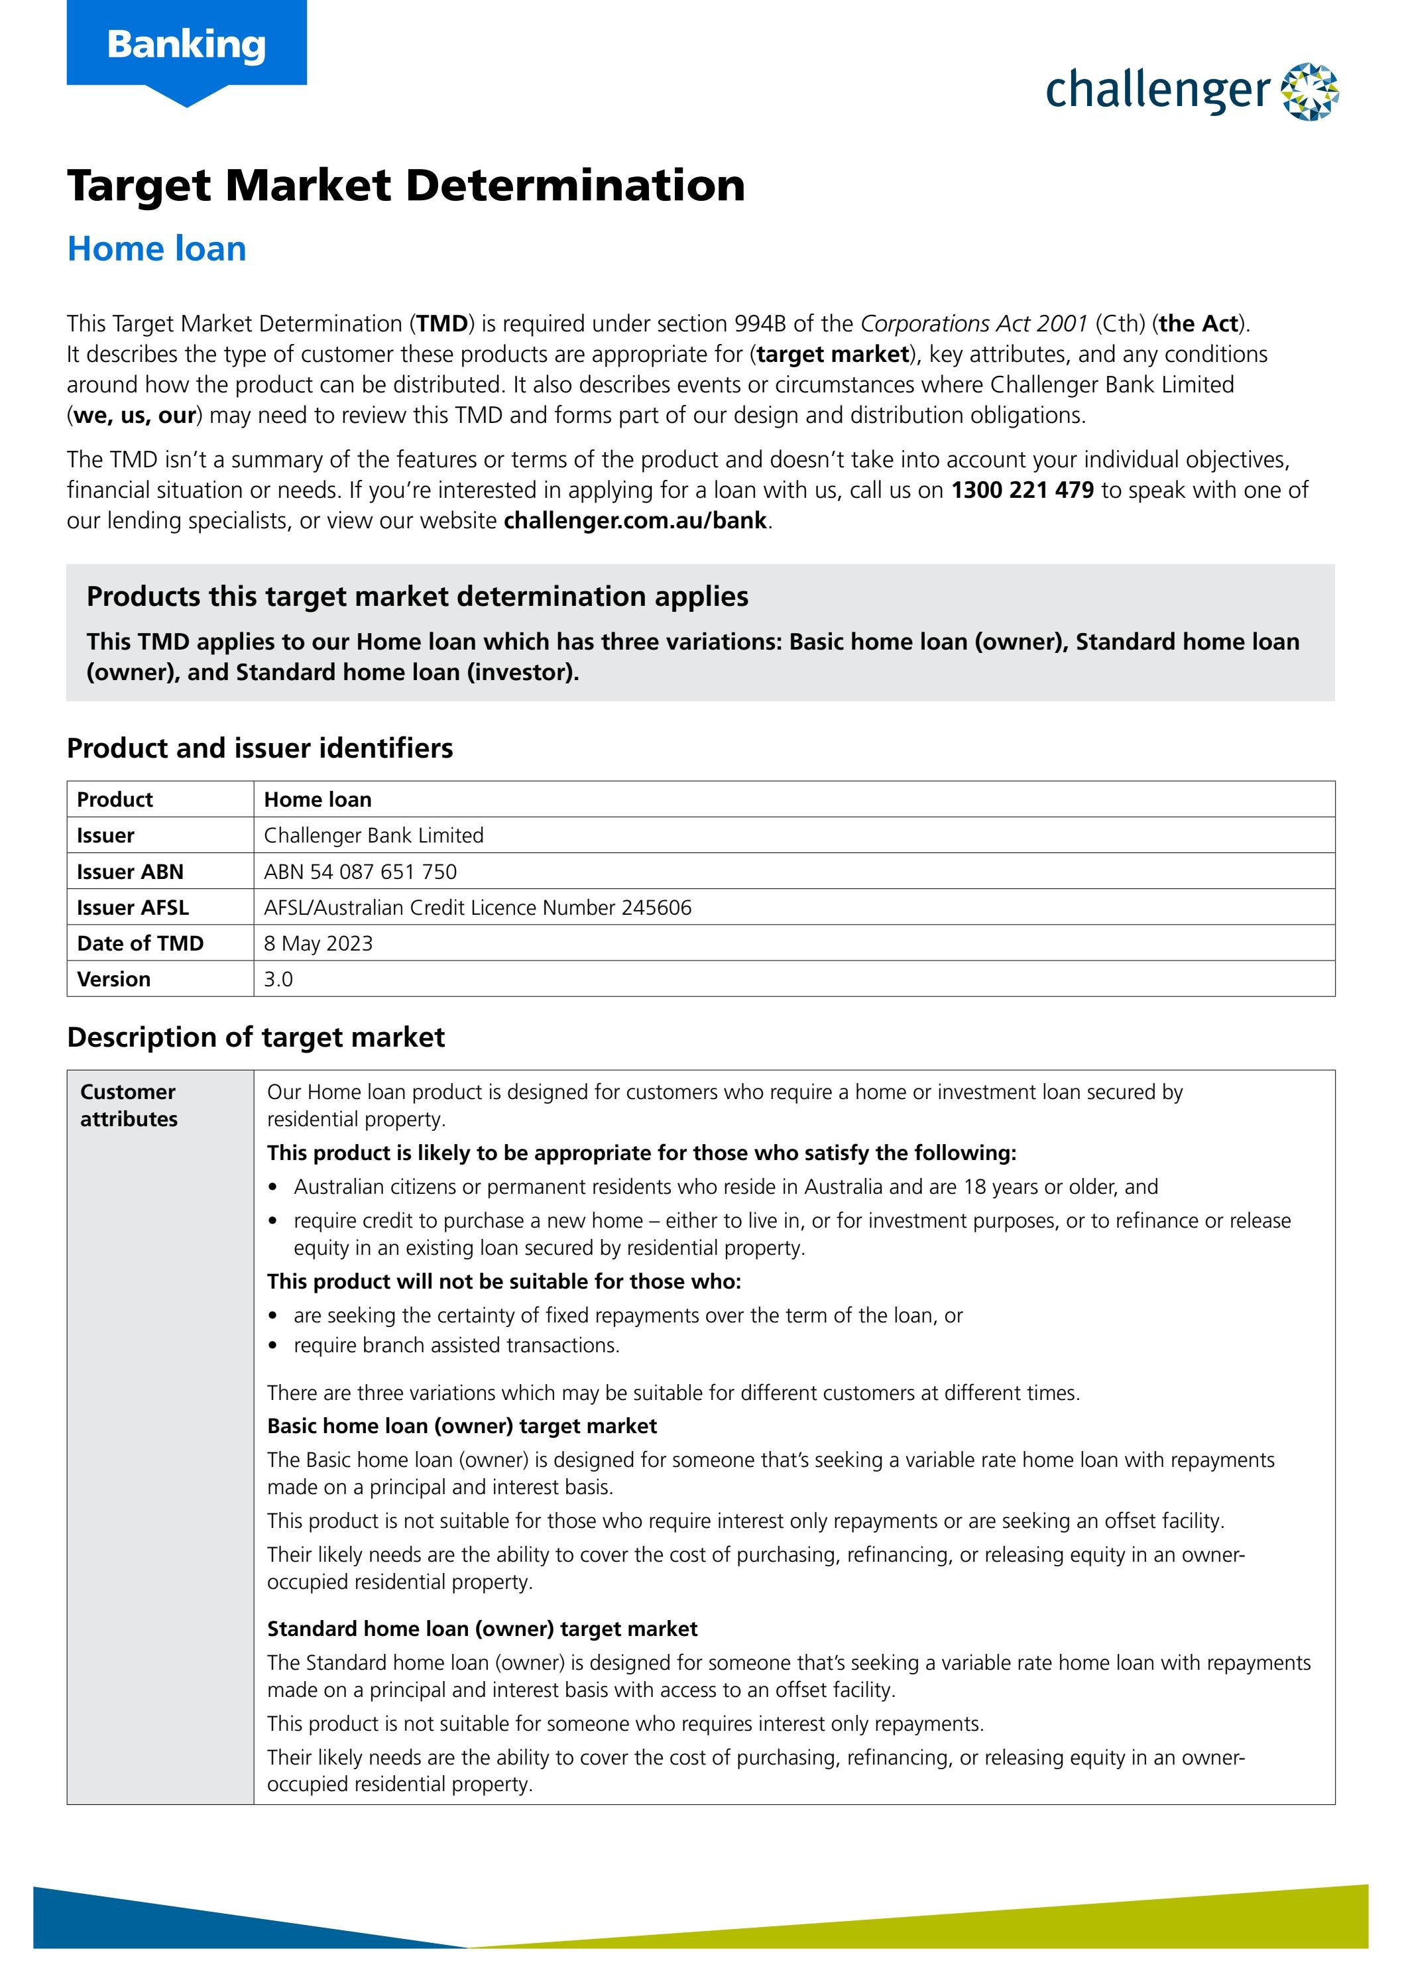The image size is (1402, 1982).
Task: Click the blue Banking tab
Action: pos(186,45)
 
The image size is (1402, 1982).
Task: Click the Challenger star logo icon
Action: pos(1310,91)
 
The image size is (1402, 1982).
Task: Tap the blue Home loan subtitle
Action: pos(157,249)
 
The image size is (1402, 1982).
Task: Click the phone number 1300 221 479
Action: pos(1022,491)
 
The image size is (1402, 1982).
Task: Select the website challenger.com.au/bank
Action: pos(636,520)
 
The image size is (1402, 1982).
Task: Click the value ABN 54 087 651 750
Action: pos(360,871)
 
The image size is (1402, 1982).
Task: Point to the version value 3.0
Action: pos(278,979)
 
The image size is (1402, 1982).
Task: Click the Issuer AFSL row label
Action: pos(132,907)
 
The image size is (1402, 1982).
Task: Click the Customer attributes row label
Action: pos(129,1105)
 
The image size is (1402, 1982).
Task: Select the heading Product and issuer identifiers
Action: pos(260,748)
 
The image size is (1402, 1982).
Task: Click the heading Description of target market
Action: pos(255,1037)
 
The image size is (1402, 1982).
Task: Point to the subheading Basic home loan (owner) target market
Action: pos(462,1425)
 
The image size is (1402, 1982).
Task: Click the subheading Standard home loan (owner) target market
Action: pos(482,1628)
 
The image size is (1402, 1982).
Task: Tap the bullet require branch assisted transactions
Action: pos(456,1345)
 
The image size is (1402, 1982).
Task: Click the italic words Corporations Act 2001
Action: pos(974,323)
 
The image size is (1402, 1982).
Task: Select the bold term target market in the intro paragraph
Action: pos(833,354)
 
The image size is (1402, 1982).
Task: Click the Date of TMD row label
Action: pos(140,943)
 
